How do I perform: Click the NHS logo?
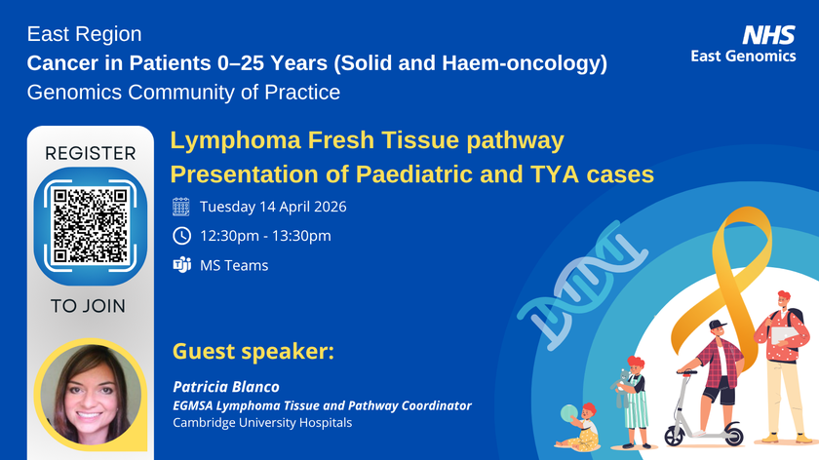click(768, 35)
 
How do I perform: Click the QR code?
click(90, 225)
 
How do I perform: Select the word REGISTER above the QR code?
click(90, 153)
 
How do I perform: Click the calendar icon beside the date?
click(181, 207)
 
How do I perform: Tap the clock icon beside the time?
click(181, 236)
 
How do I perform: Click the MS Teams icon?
click(181, 265)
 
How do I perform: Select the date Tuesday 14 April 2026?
click(273, 207)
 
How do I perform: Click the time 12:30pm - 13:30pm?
click(265, 236)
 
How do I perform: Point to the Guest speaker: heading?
click(253, 351)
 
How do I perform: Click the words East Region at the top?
click(84, 35)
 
